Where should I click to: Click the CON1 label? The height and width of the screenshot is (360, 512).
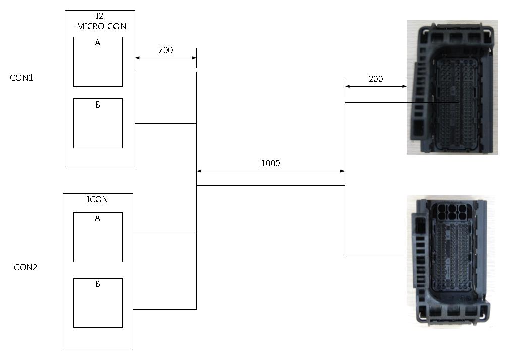point(21,78)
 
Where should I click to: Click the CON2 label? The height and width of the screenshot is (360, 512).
point(26,267)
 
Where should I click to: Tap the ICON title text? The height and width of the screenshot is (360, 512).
point(98,199)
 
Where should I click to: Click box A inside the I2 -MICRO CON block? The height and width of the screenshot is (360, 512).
point(98,62)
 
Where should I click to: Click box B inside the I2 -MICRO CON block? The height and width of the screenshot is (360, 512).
point(98,123)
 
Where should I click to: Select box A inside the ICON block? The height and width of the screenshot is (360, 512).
point(98,237)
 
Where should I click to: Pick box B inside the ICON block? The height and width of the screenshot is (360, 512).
point(98,303)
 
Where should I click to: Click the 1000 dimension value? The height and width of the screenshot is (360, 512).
point(270,163)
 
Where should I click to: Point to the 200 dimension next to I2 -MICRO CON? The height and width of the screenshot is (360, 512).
point(165,50)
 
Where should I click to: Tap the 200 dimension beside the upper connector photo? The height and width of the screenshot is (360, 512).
point(376,79)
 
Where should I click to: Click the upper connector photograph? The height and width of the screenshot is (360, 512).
point(452,87)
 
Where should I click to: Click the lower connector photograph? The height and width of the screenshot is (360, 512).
point(450,262)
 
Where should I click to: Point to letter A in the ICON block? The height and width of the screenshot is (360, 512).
point(98,218)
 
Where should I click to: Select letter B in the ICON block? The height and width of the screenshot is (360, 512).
point(98,284)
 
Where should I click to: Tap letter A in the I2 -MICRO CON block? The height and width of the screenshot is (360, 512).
point(98,43)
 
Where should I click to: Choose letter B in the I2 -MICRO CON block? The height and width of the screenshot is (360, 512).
point(98,105)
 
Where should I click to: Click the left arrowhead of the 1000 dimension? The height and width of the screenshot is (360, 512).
point(199,171)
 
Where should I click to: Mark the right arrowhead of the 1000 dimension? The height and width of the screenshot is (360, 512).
point(343,171)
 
